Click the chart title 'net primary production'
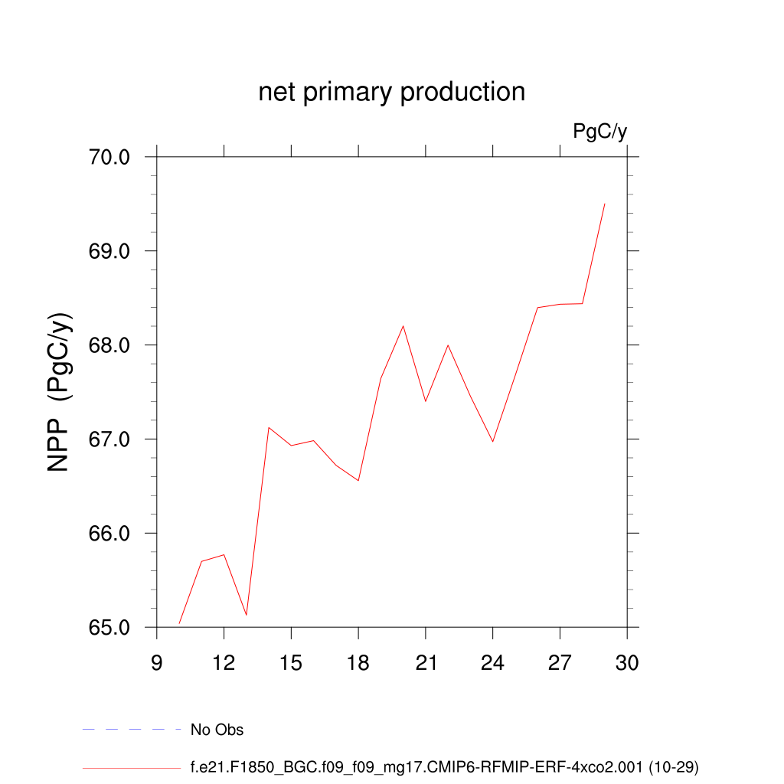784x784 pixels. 391,92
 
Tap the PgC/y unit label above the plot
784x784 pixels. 600,132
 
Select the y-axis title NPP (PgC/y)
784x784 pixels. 60,392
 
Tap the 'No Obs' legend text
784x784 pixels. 217,730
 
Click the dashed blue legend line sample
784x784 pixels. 131,730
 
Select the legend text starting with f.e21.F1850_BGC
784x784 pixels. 444,766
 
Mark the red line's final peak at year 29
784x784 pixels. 605,204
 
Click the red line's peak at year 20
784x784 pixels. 403,326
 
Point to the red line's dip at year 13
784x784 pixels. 246,615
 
